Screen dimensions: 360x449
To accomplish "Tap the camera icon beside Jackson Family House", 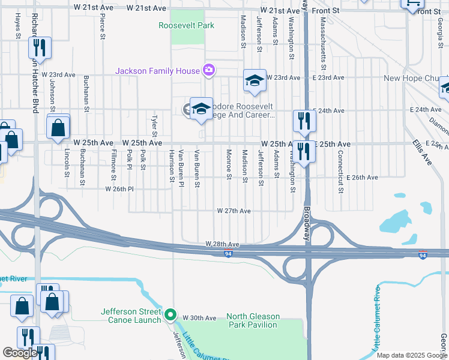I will coord(209,71).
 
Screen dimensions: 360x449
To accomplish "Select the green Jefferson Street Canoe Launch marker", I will coord(170,314).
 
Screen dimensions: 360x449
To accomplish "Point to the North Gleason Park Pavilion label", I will coord(252,320).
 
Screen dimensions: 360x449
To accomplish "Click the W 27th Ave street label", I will coord(234,211).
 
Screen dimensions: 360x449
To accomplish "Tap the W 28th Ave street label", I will coord(222,244).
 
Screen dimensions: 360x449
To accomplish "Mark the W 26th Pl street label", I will coord(118,189).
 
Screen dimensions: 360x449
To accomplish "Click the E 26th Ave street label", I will coord(362,178).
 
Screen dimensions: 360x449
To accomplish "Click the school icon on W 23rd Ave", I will coord(255,81).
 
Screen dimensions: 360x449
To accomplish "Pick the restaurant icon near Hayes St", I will coord(40,47).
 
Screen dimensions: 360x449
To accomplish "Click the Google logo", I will coord(20,353).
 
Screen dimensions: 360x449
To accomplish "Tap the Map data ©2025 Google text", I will coord(411,355).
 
